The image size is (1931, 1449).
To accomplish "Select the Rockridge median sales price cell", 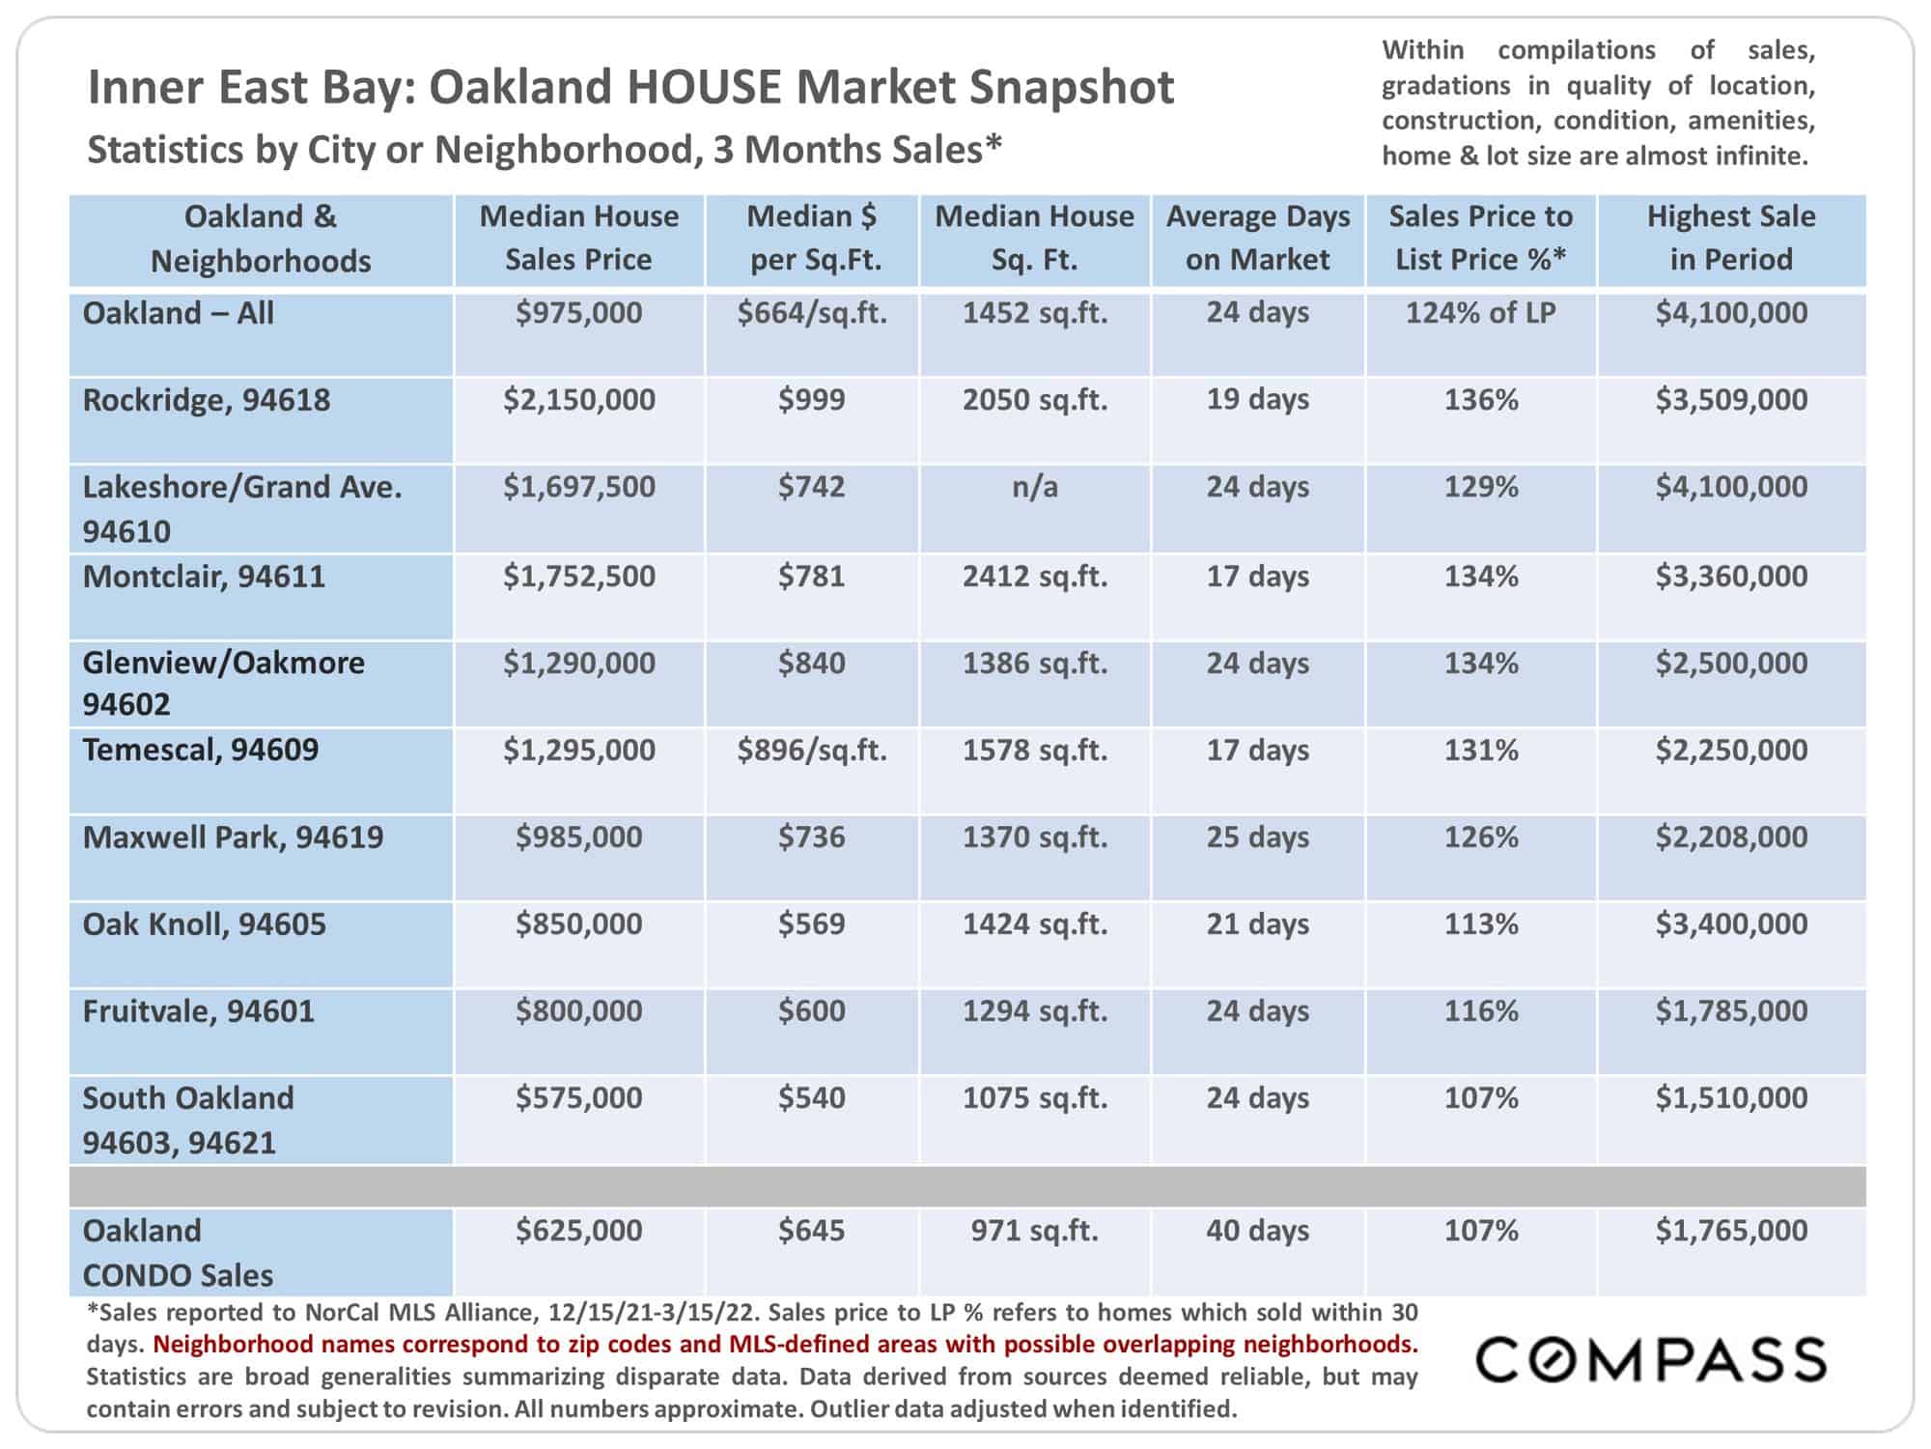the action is [579, 400].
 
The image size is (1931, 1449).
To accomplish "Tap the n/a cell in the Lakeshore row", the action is [1035, 487].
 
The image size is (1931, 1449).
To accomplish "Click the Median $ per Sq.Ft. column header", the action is [812, 238].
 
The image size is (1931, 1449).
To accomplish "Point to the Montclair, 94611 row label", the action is [204, 577].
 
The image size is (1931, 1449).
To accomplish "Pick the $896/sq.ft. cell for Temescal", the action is [812, 751].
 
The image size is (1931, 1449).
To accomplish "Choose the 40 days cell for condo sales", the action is [1258, 1231].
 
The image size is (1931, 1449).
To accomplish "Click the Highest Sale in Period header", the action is [1731, 238].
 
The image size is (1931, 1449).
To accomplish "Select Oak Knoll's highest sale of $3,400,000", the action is [1732, 924].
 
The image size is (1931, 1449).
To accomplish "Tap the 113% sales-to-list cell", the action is [1481, 924].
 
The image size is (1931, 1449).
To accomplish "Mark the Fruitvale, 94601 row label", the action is [199, 1011].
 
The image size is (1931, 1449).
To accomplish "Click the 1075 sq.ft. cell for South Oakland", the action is [1035, 1098].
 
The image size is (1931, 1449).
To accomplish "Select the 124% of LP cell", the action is [1481, 313].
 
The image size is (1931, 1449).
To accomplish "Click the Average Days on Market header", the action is [1258, 238].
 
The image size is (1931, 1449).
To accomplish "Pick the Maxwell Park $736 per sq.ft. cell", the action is [812, 838].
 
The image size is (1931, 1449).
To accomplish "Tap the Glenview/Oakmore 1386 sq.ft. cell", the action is [1035, 664].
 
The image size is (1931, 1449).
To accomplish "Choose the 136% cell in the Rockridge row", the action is [1481, 400].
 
